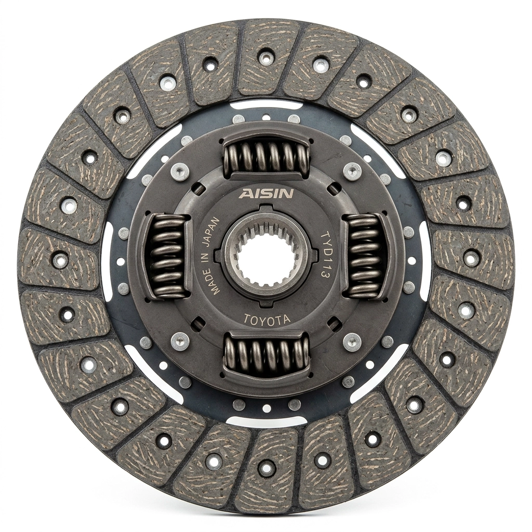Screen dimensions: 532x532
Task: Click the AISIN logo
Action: [x=267, y=194]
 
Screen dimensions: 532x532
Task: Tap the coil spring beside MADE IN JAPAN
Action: [x=167, y=257]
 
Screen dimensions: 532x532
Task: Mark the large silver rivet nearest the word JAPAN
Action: [x=180, y=171]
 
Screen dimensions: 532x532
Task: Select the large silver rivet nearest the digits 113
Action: [x=352, y=341]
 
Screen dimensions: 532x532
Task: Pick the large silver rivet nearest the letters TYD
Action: [x=352, y=171]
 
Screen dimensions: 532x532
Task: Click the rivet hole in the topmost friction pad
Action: [x=266, y=57]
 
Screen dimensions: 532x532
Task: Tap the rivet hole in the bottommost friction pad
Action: [x=266, y=467]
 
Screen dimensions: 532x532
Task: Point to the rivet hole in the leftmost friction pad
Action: [x=60, y=259]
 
